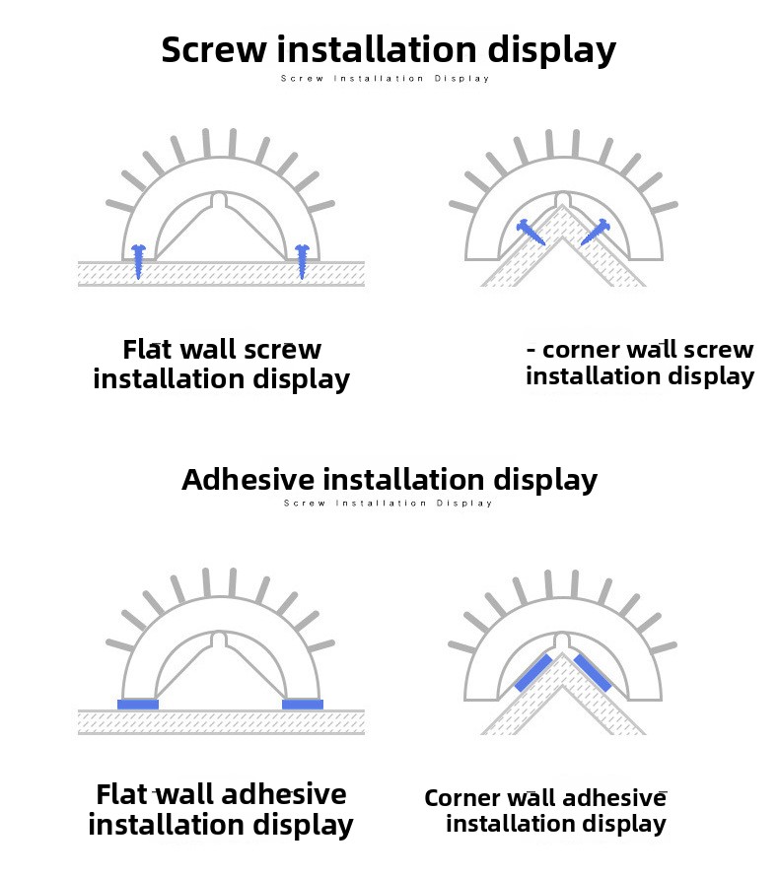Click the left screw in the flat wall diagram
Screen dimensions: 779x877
click(x=138, y=261)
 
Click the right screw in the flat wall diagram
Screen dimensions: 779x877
click(x=302, y=261)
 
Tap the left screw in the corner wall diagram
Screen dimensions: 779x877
click(x=530, y=232)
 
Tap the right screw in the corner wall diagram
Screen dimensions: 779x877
click(x=596, y=232)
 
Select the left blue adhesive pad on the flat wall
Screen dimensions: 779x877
click(x=138, y=705)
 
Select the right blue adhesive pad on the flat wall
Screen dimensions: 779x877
click(x=303, y=705)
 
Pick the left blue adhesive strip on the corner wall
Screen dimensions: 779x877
click(x=533, y=673)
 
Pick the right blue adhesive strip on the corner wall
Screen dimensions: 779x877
click(x=592, y=673)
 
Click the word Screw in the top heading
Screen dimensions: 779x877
click(x=214, y=50)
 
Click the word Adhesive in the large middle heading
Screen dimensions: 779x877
click(x=248, y=479)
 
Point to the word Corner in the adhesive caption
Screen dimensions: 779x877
click(x=462, y=797)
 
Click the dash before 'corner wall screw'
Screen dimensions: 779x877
click(x=531, y=351)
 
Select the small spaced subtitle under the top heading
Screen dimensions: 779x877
click(x=385, y=78)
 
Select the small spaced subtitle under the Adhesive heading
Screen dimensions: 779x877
click(x=388, y=503)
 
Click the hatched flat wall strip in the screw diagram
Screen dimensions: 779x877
click(x=221, y=274)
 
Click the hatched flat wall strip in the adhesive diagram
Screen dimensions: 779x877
click(x=221, y=722)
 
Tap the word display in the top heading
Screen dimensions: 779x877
click(x=552, y=51)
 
